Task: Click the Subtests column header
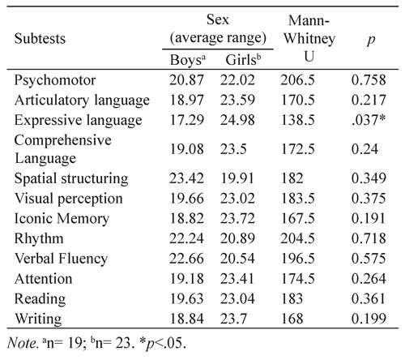click(x=40, y=38)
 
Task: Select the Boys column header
click(x=188, y=60)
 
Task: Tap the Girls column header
click(x=243, y=60)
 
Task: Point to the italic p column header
click(x=371, y=40)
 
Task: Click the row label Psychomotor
click(x=55, y=80)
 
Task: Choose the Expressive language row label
click(x=78, y=120)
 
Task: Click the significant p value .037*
click(x=369, y=120)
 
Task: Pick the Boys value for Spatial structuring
click(x=186, y=178)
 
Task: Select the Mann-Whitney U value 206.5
click(x=297, y=80)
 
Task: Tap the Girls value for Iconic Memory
click(x=237, y=218)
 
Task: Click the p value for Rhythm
click(x=369, y=238)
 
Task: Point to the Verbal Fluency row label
click(x=61, y=259)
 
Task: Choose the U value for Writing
click(x=292, y=319)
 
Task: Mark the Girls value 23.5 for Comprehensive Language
click(x=233, y=149)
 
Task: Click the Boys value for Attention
click(x=186, y=278)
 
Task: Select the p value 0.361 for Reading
click(x=369, y=298)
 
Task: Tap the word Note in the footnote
click(x=22, y=343)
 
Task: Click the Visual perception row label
click(x=69, y=199)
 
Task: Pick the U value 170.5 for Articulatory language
click(x=298, y=100)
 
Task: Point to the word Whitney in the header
click(x=309, y=39)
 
